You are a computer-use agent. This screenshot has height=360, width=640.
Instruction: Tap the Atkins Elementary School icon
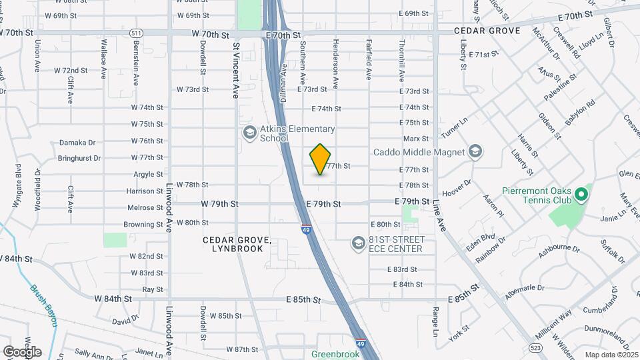point(249,133)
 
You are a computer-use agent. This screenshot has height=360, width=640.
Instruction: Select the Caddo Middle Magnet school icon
point(475,152)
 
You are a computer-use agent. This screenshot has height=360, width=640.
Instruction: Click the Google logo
point(22,351)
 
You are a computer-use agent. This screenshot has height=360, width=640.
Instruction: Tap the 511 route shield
point(136,32)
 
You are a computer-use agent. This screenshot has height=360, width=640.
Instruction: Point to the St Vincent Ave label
point(236,72)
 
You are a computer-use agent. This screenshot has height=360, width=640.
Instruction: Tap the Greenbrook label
point(335,355)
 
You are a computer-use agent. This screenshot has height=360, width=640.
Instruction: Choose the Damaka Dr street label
point(78,142)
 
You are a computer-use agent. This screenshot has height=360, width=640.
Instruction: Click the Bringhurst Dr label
point(79,159)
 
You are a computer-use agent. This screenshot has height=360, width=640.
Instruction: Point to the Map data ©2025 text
point(610,355)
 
